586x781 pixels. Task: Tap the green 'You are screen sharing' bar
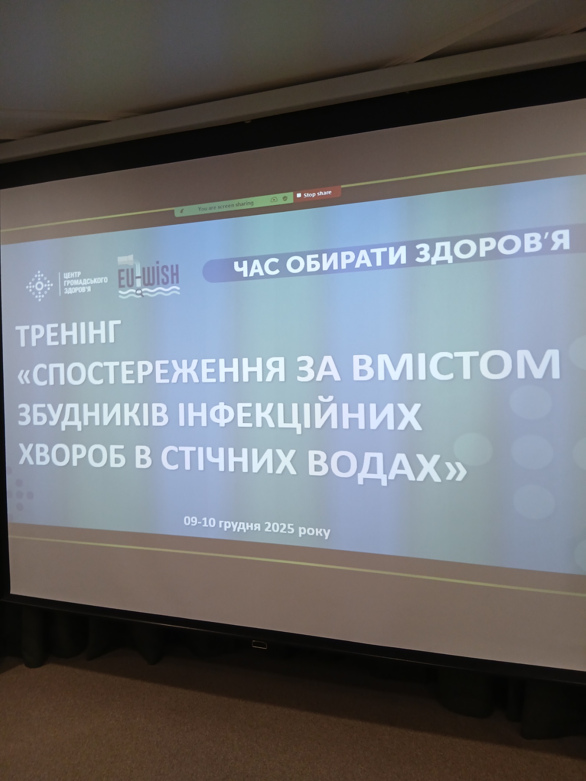click(234, 205)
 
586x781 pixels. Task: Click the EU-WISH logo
click(149, 277)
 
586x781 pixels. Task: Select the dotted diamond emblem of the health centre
click(40, 286)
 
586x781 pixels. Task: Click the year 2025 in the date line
click(280, 527)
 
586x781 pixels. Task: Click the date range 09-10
click(199, 522)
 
